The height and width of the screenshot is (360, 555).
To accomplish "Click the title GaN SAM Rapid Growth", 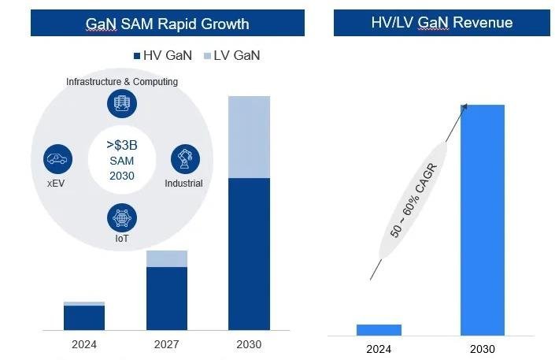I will click(x=167, y=24).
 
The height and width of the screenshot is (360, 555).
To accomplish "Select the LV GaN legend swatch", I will click(x=208, y=56).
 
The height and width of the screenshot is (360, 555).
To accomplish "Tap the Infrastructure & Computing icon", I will click(x=122, y=103).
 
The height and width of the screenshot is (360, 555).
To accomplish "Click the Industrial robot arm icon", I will click(x=185, y=158).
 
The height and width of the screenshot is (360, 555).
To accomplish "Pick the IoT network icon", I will click(x=122, y=217).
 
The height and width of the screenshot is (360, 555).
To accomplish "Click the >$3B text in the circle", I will click(x=121, y=145).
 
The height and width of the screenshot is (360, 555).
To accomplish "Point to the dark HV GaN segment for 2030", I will click(x=249, y=254).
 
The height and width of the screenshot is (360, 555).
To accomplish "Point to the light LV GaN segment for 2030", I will click(x=249, y=137).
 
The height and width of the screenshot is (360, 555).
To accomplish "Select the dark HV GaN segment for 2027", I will click(x=167, y=298).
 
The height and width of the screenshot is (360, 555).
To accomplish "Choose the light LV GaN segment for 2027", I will click(x=167, y=258).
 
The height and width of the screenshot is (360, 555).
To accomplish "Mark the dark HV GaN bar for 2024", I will click(x=84, y=317).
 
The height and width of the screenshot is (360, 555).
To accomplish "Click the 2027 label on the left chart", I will click(x=167, y=344).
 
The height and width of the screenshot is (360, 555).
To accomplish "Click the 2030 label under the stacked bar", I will click(x=249, y=344).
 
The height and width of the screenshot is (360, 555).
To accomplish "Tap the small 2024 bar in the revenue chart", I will click(x=379, y=329).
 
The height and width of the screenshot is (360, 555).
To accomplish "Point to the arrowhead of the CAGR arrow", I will click(x=464, y=106).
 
